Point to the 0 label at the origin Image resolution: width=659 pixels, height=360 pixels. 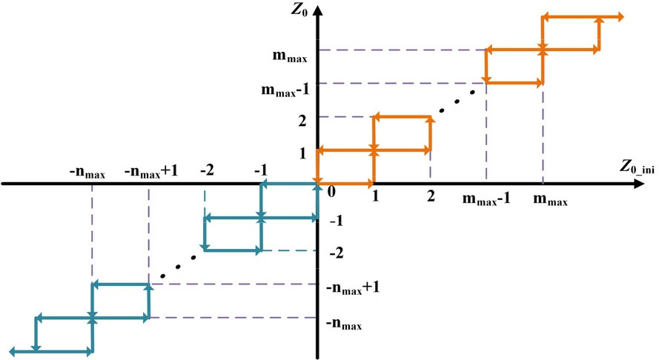(x=322, y=192)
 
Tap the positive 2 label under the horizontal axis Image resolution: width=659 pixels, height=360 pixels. (x=429, y=198)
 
